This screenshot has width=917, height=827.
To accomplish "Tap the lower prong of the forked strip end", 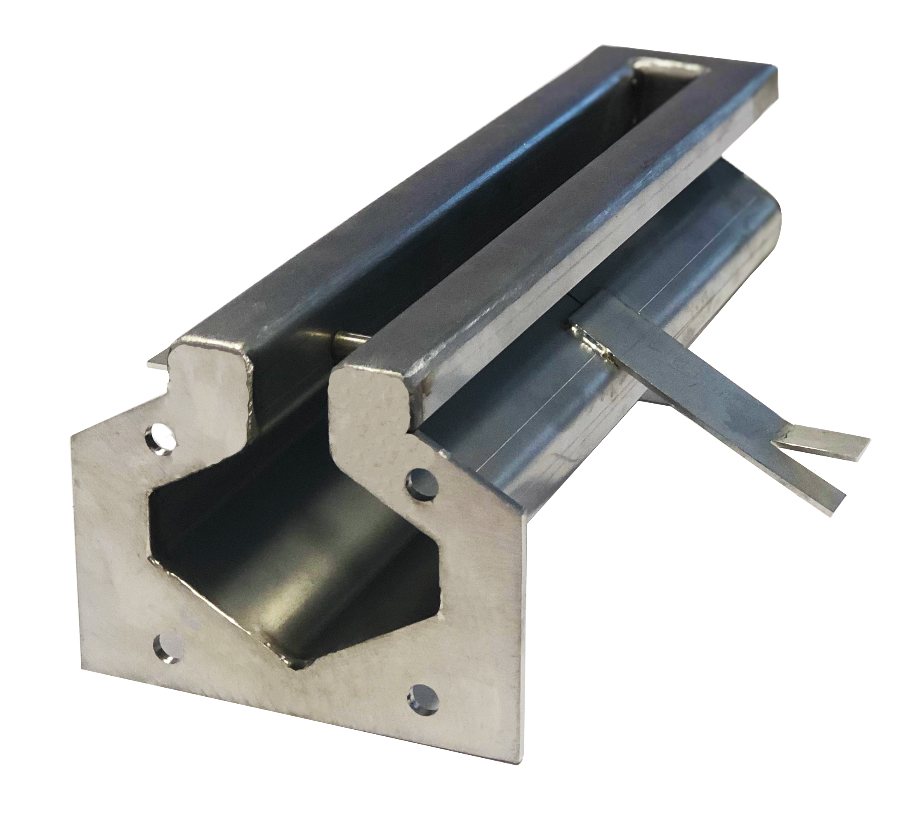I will click(809, 482).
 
